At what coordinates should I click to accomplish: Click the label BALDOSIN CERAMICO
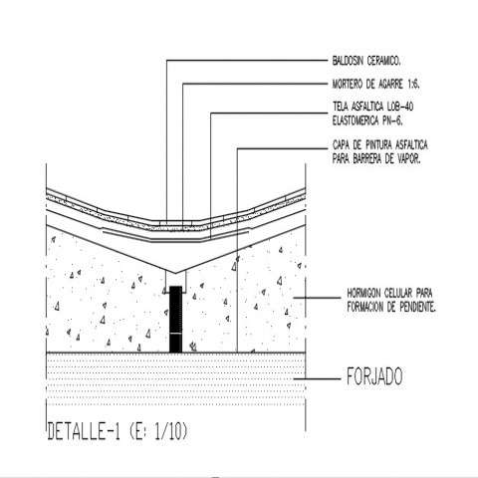366,61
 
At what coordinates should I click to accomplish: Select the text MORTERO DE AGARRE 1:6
376,85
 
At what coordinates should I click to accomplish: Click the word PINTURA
376,145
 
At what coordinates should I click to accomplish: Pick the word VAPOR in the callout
407,159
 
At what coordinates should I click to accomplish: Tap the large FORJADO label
374,376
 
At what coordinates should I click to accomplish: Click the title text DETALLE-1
84,431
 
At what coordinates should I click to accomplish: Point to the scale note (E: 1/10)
157,431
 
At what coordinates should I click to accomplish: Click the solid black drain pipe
176,319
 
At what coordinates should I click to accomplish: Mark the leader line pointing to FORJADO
317,378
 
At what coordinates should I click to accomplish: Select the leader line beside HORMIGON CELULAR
317,298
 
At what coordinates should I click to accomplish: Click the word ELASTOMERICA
356,120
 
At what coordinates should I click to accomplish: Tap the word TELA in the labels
341,107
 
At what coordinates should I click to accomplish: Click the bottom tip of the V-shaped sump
176,274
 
